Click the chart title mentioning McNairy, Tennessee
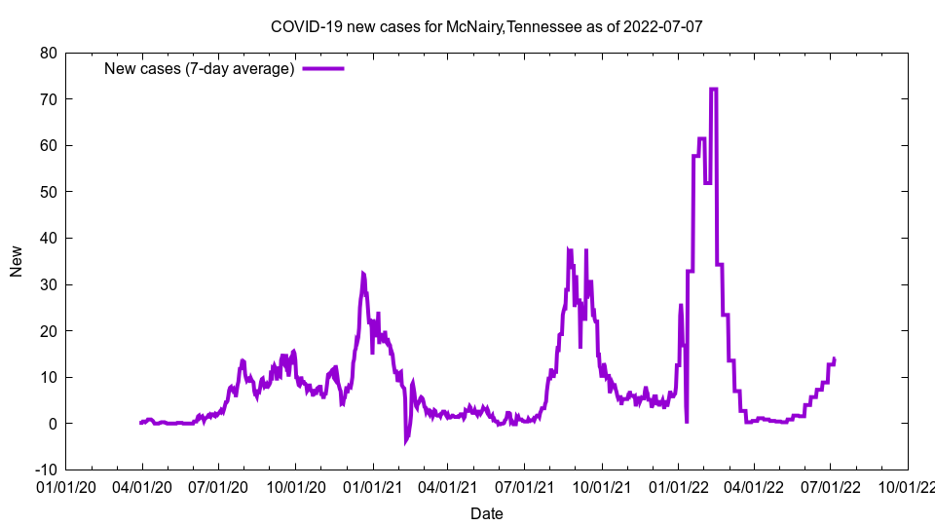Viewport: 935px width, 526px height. coord(486,27)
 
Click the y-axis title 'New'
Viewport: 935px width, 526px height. coord(17,261)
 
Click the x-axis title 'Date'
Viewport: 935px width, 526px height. coord(486,513)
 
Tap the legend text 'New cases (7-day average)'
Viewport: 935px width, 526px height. coord(199,68)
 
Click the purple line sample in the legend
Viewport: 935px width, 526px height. coord(323,68)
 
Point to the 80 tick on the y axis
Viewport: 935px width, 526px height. coord(48,53)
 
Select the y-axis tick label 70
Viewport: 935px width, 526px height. coord(48,99)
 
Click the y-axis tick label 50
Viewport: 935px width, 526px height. coord(48,192)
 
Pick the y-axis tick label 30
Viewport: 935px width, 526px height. coord(48,284)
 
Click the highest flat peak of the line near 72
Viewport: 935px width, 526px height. coord(714,90)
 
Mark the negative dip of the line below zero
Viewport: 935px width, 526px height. coord(406,442)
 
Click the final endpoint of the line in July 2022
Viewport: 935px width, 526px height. coord(834,358)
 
